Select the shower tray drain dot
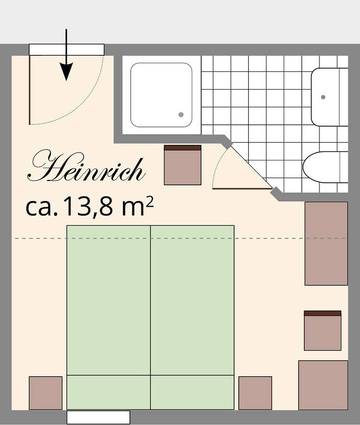pos(181,115)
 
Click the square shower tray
pos(161,95)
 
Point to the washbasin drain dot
pos(324,97)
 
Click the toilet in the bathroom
pos(325,167)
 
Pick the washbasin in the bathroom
pos(329,97)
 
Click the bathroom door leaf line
pos(242,188)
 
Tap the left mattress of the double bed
pos(108,300)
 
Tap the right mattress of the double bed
pos(192,300)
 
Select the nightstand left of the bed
pos(45,393)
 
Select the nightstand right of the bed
pos(255,393)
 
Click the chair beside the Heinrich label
pos(183,165)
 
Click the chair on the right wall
pos(323,331)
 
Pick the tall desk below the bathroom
pos(326,244)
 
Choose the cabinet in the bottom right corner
pos(323,385)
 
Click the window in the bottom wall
pos(98,417)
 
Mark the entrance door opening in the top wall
pos(66,50)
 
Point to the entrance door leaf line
pos(30,90)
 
